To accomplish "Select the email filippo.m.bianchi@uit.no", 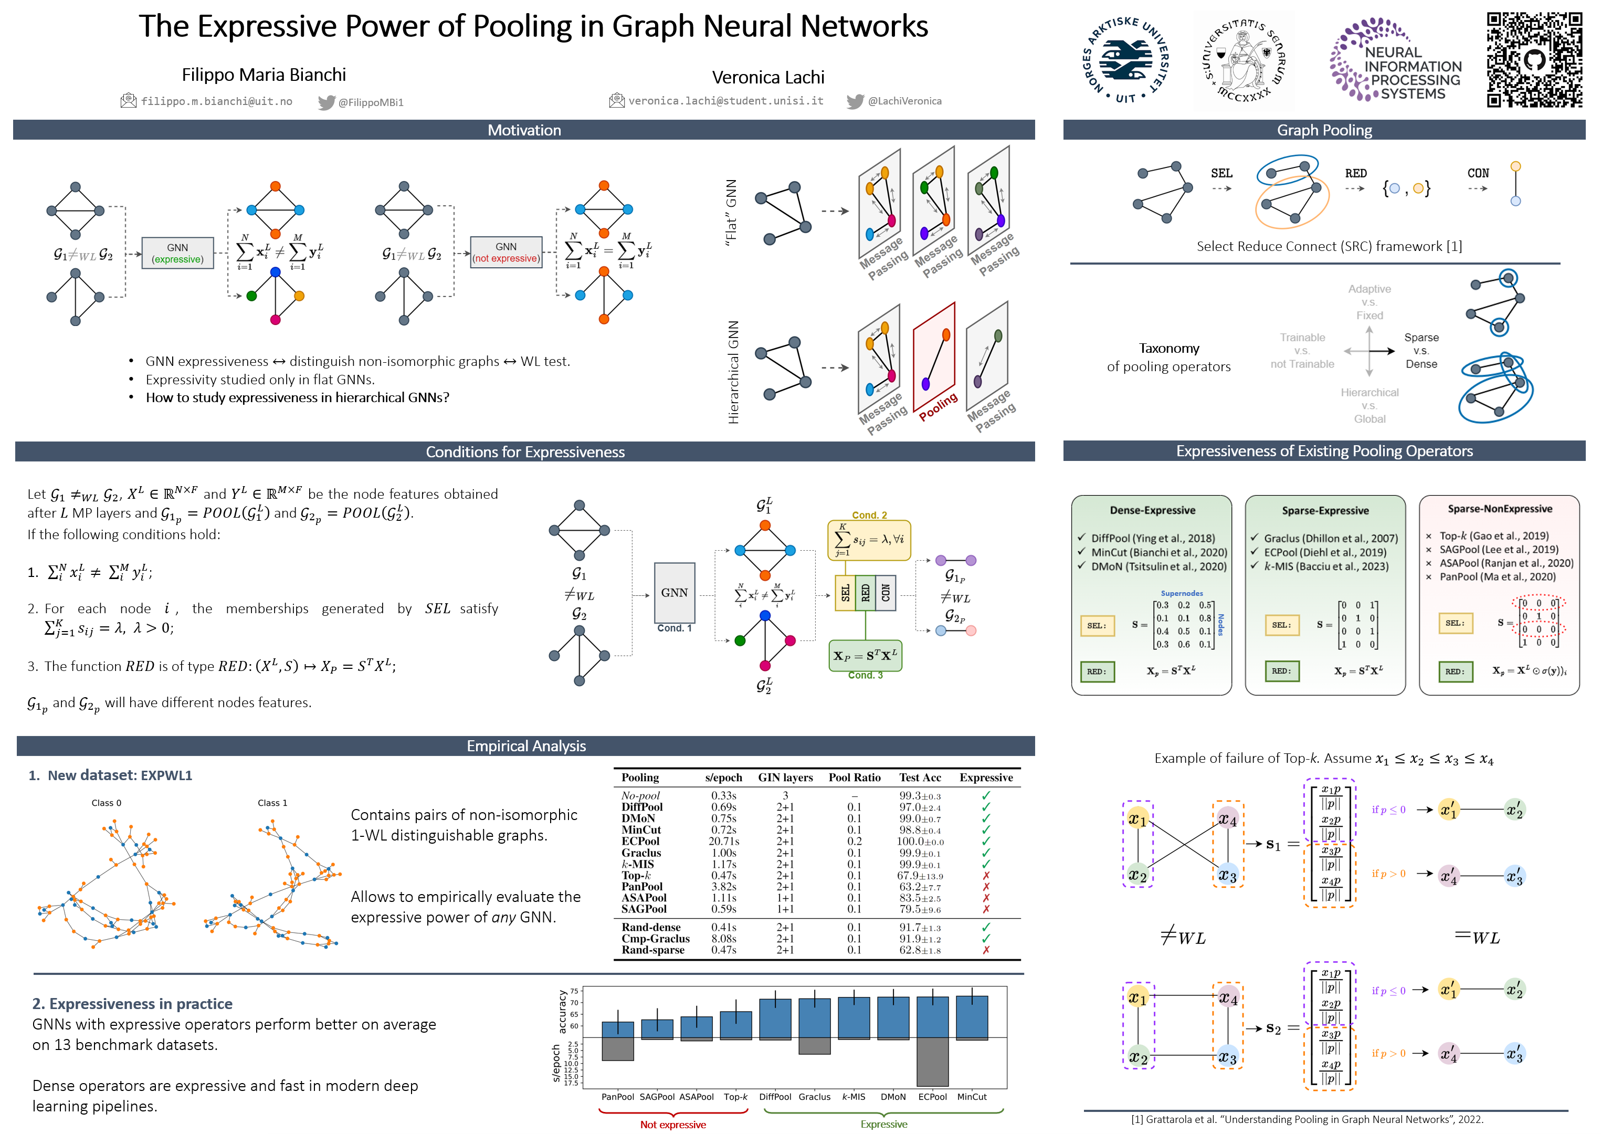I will click(216, 101).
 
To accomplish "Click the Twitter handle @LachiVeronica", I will click(904, 101).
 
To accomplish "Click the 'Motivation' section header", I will click(524, 130).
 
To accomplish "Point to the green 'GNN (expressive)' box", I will click(177, 253).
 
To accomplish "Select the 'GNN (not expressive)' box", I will click(506, 252).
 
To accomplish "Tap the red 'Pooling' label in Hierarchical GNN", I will click(938, 406).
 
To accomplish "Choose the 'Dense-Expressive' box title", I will click(1152, 510).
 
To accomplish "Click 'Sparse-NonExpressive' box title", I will click(1499, 509).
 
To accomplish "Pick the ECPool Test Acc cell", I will click(920, 842).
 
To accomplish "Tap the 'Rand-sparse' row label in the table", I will click(653, 950).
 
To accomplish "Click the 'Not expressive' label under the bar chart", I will click(672, 1124).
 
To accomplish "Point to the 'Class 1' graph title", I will click(272, 803).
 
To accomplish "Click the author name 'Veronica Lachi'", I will click(767, 78).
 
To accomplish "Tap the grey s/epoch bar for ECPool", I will click(932, 1062).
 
